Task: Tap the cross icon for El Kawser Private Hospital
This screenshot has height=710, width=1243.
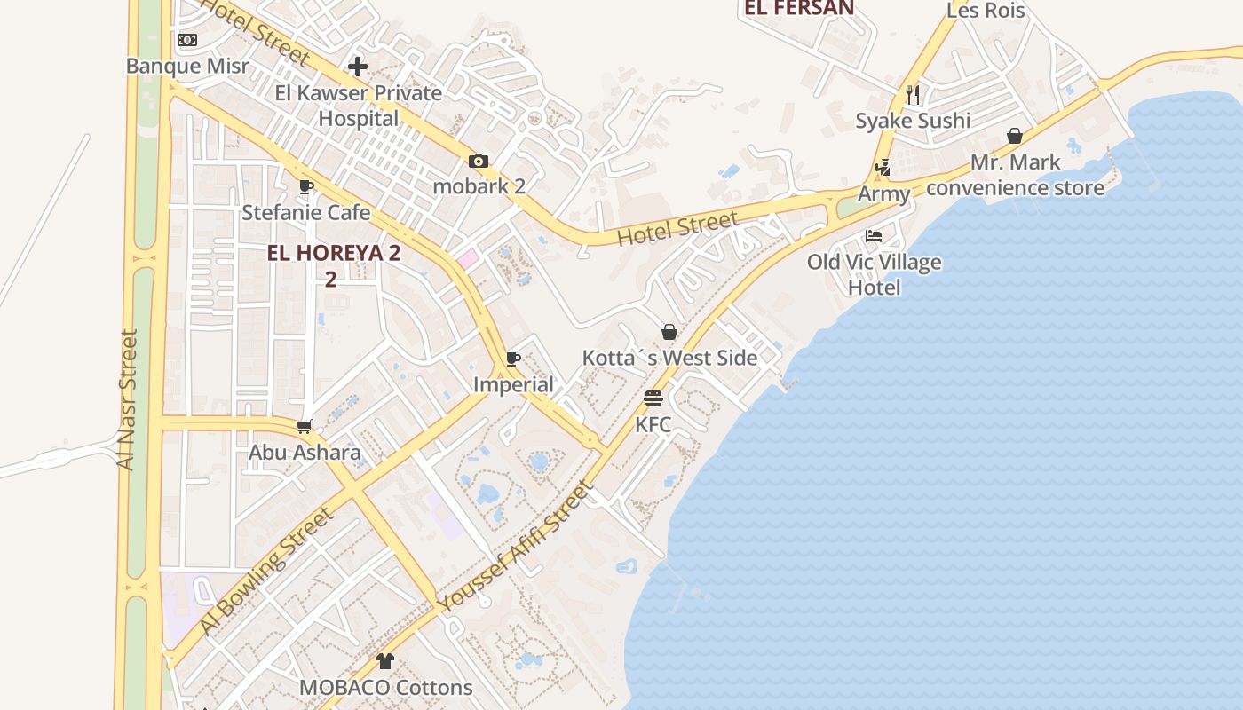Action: [358, 67]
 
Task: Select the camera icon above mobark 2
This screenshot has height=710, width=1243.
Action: [479, 161]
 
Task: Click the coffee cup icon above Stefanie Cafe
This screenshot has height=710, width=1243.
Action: [306, 186]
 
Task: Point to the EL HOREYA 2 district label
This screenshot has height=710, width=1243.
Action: [334, 253]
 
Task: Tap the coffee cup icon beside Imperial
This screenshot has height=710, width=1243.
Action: [513, 359]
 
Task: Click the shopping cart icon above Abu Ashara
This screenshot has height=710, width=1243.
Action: [305, 426]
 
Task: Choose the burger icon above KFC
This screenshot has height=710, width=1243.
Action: [653, 398]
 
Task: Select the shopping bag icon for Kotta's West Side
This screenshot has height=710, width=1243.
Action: [669, 332]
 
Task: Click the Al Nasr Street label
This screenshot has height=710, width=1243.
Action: [129, 399]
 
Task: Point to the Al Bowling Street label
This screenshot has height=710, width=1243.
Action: [265, 571]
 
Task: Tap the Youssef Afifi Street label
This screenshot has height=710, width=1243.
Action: [516, 545]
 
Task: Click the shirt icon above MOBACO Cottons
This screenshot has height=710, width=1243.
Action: [385, 661]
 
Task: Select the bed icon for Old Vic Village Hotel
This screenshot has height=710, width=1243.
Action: [874, 236]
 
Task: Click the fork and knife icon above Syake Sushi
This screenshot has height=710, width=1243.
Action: [913, 94]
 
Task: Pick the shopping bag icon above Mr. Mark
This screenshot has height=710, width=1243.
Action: [1015, 136]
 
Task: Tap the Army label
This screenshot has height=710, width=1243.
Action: [883, 193]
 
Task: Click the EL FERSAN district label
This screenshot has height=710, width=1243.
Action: [799, 8]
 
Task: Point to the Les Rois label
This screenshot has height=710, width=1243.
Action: [986, 11]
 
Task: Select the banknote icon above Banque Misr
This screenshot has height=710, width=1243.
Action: [186, 40]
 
